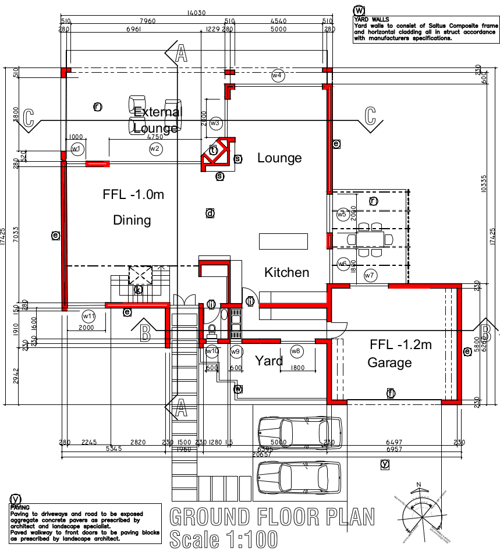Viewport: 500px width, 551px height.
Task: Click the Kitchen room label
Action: click(x=286, y=272)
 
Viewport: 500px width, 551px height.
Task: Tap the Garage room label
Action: click(x=389, y=363)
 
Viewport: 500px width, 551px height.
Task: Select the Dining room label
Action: click(x=132, y=221)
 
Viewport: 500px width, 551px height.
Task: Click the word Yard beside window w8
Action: click(x=269, y=361)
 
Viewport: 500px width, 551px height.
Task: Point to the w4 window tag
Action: click(x=277, y=76)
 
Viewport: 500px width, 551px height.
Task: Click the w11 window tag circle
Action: click(x=88, y=316)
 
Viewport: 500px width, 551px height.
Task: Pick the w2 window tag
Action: click(x=154, y=149)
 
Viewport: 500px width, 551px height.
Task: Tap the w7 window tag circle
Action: click(x=370, y=275)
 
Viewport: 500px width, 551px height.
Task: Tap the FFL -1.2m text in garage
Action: click(x=400, y=344)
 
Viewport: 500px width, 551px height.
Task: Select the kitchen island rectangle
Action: click(x=283, y=240)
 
